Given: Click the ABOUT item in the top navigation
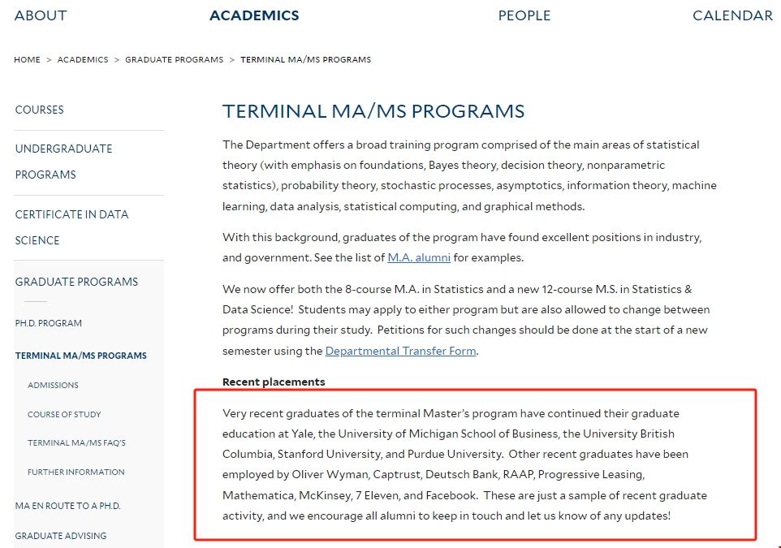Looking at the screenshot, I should click(x=41, y=15).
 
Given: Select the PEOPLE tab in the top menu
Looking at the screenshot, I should click(x=524, y=15).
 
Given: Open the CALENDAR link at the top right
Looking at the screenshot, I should click(x=732, y=15).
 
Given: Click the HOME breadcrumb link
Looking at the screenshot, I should click(x=27, y=60).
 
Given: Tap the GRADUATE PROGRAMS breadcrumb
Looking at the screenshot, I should click(x=174, y=60).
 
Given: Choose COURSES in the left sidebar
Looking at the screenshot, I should click(x=39, y=110).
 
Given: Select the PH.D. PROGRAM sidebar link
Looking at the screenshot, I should click(x=48, y=323).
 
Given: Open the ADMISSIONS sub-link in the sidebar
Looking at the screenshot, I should click(x=53, y=385).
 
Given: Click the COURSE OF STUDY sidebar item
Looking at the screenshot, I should click(x=64, y=414).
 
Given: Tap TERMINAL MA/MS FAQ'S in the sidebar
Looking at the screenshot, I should click(x=76, y=443).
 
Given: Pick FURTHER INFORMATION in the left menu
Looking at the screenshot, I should click(x=76, y=472).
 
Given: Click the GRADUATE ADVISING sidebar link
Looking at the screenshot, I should click(x=61, y=536).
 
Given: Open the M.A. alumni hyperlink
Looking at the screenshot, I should click(x=419, y=258).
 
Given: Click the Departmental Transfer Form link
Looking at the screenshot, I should click(x=400, y=352).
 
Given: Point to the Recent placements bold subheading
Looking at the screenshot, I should click(x=274, y=382).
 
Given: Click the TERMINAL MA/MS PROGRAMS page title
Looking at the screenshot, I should click(x=373, y=111).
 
